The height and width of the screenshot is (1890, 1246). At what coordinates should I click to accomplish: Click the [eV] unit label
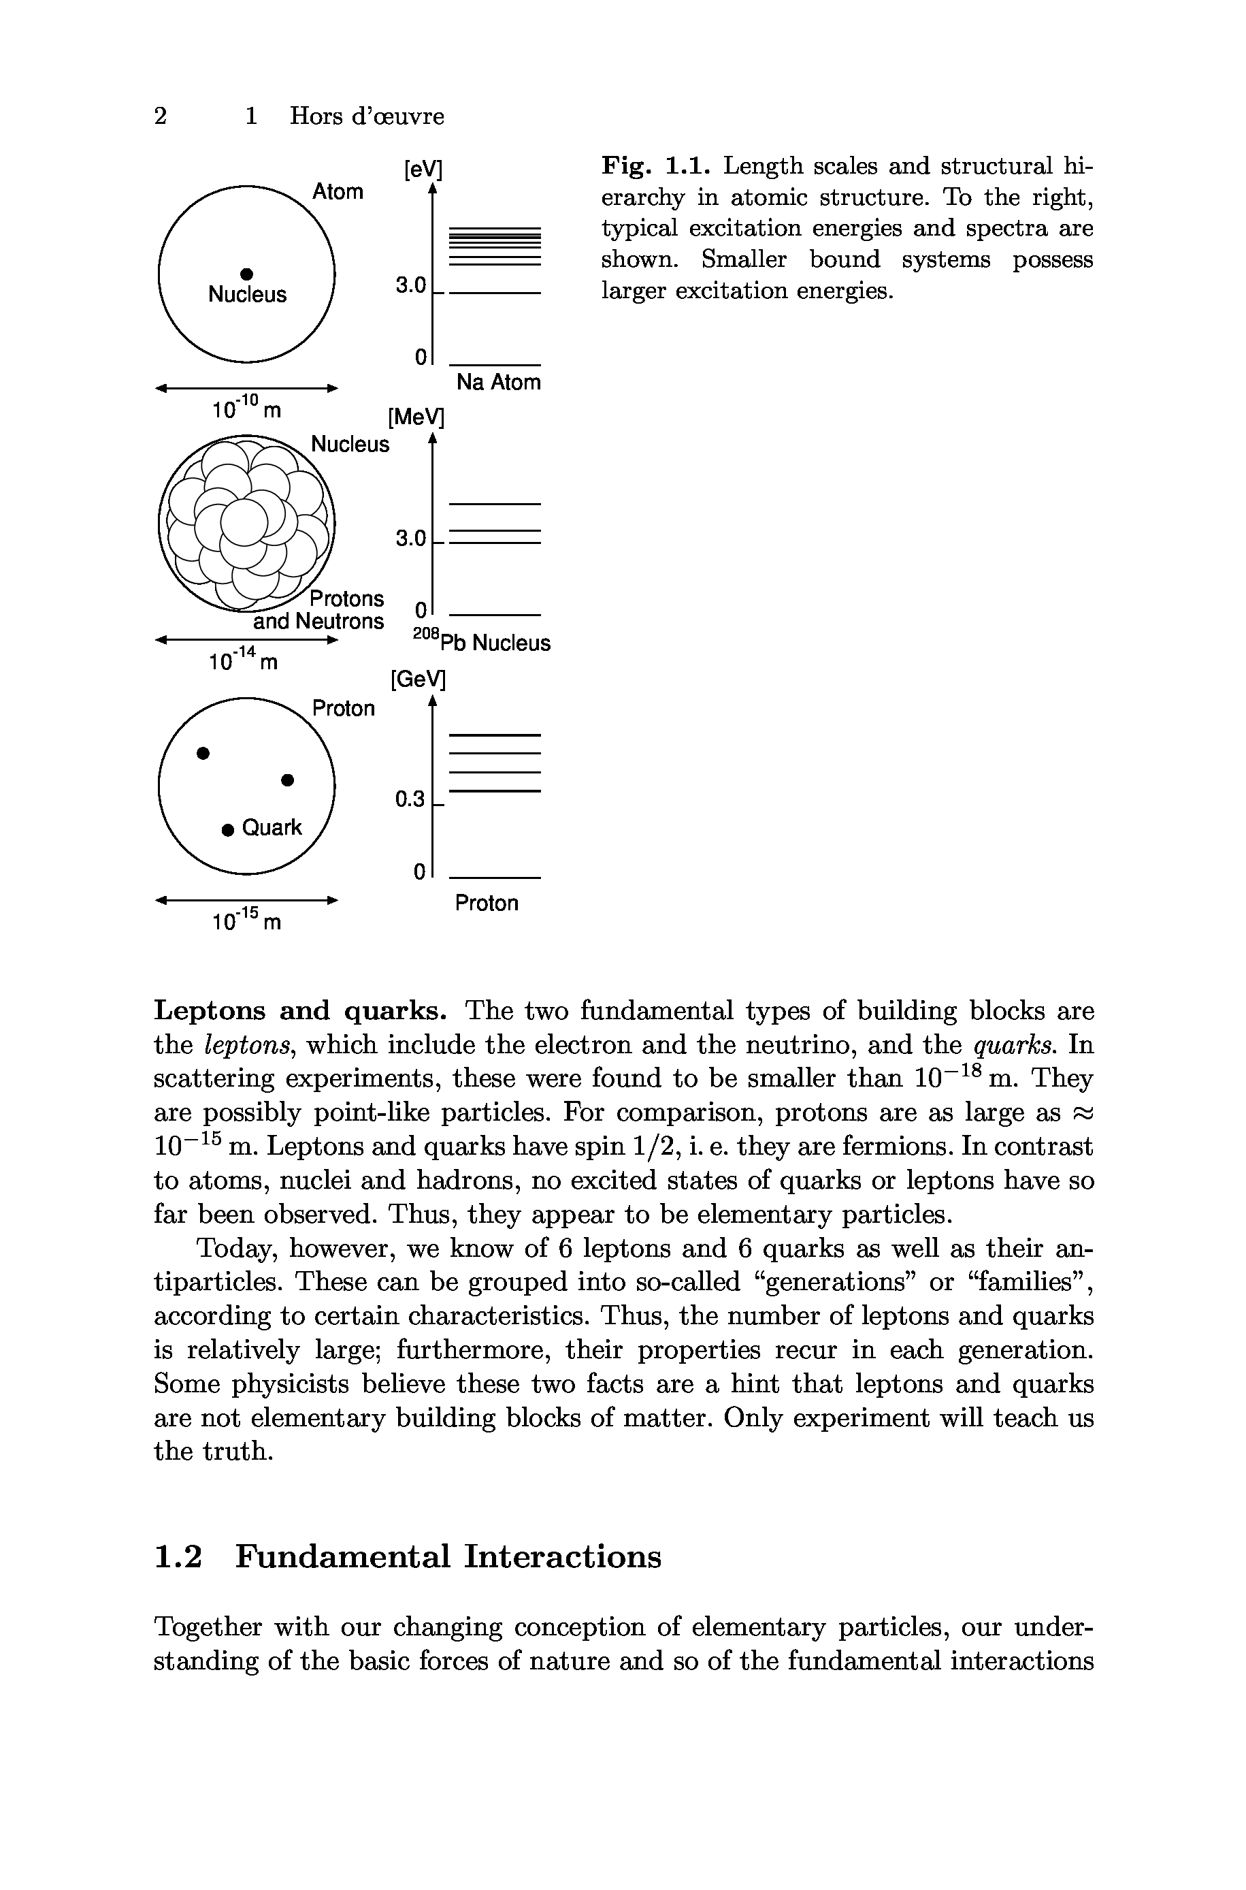422,170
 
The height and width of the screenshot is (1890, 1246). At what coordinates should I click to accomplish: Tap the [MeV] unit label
416,417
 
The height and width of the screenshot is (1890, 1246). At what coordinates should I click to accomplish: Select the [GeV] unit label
417,679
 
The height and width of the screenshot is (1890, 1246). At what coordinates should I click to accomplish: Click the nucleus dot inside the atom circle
246,272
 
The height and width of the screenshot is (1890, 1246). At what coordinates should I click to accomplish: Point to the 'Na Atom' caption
498,383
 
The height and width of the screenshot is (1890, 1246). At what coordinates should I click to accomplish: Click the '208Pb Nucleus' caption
482,641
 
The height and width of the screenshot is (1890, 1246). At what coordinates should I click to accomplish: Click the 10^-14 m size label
243,659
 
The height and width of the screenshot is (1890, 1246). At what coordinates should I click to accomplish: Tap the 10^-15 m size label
246,920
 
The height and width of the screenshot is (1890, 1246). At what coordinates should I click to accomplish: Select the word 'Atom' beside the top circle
338,191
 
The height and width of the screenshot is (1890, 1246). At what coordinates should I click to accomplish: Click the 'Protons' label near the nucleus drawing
346,598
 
